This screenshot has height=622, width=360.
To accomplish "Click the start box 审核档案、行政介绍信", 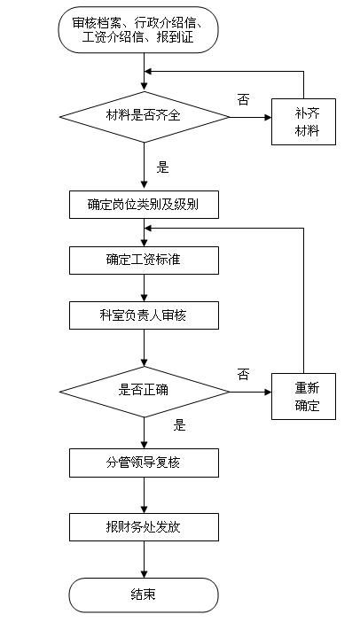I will click(144, 31).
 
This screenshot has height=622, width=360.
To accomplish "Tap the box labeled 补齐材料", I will click(303, 124).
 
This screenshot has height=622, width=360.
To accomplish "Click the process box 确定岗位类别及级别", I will click(144, 205).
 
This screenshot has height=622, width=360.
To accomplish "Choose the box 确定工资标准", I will click(144, 259).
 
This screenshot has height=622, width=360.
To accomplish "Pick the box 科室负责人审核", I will click(144, 315).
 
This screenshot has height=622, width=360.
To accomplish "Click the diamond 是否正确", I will click(144, 390).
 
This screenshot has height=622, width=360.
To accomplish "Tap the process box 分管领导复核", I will click(144, 463).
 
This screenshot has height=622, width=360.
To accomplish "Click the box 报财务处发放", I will click(144, 527).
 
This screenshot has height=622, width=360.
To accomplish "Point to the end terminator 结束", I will click(144, 594).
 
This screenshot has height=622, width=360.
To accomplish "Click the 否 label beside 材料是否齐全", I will click(243, 99).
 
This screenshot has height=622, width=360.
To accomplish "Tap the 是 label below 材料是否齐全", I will click(162, 167).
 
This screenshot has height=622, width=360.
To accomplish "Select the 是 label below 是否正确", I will click(180, 425).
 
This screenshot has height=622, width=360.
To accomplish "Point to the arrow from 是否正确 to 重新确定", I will click(250, 390).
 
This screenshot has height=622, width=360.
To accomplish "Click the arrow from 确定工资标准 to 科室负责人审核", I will click(144, 287).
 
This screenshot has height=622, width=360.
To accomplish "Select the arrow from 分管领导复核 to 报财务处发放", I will click(144, 494).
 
